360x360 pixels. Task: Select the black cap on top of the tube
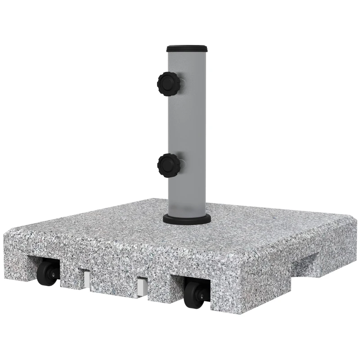pyautogui.click(x=187, y=48)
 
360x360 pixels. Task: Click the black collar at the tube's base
pyautogui.click(x=187, y=219)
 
